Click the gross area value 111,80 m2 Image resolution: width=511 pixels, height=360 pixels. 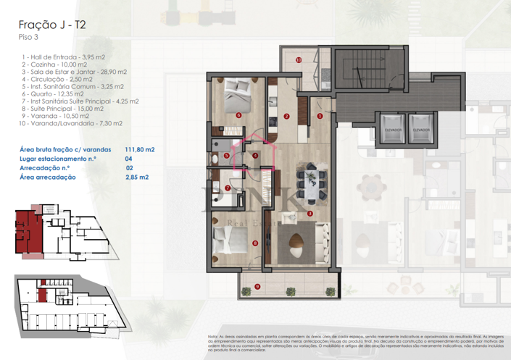pos(139,148)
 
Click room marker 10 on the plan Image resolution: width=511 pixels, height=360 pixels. pos(298,60)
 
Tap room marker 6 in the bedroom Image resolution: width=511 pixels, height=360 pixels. pos(238,114)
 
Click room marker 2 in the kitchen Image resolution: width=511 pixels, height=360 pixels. pos(287,116)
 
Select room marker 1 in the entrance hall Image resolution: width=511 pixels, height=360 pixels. pos(320,114)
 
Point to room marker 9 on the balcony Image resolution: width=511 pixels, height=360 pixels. pos(257,288)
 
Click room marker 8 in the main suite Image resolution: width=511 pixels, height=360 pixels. pos(254,243)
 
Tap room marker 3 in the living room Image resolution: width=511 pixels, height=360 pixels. pos(310,214)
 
